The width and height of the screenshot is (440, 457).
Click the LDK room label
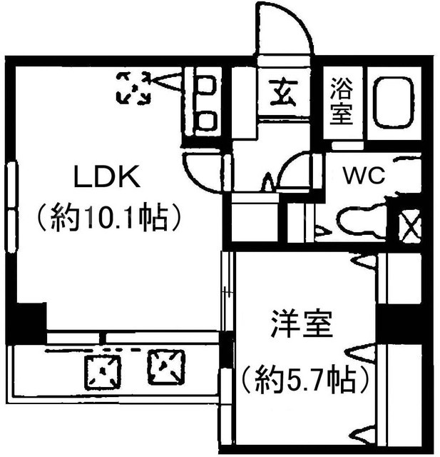107,176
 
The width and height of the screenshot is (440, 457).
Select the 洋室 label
302,324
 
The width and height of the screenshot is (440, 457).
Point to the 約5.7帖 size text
305,381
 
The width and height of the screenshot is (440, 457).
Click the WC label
364,176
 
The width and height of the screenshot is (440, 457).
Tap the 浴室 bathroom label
342,101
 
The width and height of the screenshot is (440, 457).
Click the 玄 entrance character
283,93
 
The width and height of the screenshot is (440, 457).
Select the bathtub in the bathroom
394,102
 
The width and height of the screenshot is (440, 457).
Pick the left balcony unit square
103,372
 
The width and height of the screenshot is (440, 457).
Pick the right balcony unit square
166,367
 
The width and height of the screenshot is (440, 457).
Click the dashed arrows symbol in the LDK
133,88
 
